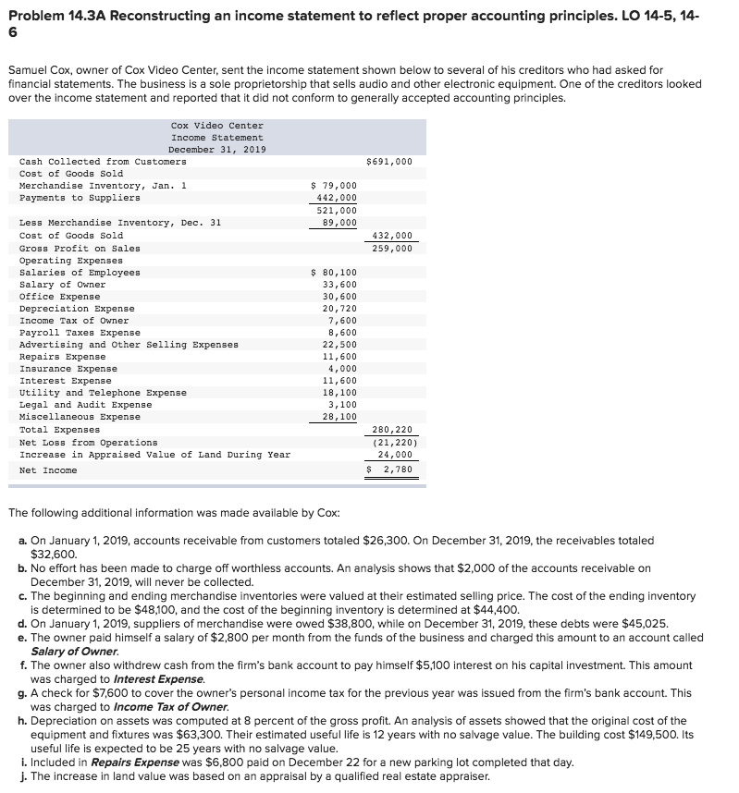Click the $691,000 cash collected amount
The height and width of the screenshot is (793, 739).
(389, 162)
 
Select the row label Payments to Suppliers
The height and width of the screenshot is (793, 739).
(80, 198)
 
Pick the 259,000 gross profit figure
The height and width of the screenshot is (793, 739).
(392, 248)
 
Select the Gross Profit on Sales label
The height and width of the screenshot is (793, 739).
(80, 248)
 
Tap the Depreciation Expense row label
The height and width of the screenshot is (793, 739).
(77, 309)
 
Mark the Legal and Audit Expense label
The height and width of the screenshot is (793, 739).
(85, 405)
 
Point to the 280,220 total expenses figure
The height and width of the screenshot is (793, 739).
(392, 430)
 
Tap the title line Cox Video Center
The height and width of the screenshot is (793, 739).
(217, 126)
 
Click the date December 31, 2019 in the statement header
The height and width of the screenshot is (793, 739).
(217, 150)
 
